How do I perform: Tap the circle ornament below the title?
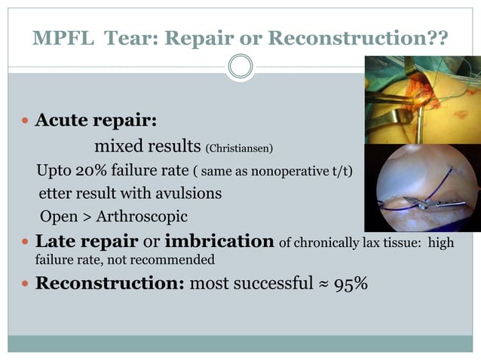coord(240,66)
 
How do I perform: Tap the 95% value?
coord(351,285)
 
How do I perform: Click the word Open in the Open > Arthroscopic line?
coord(57,217)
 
